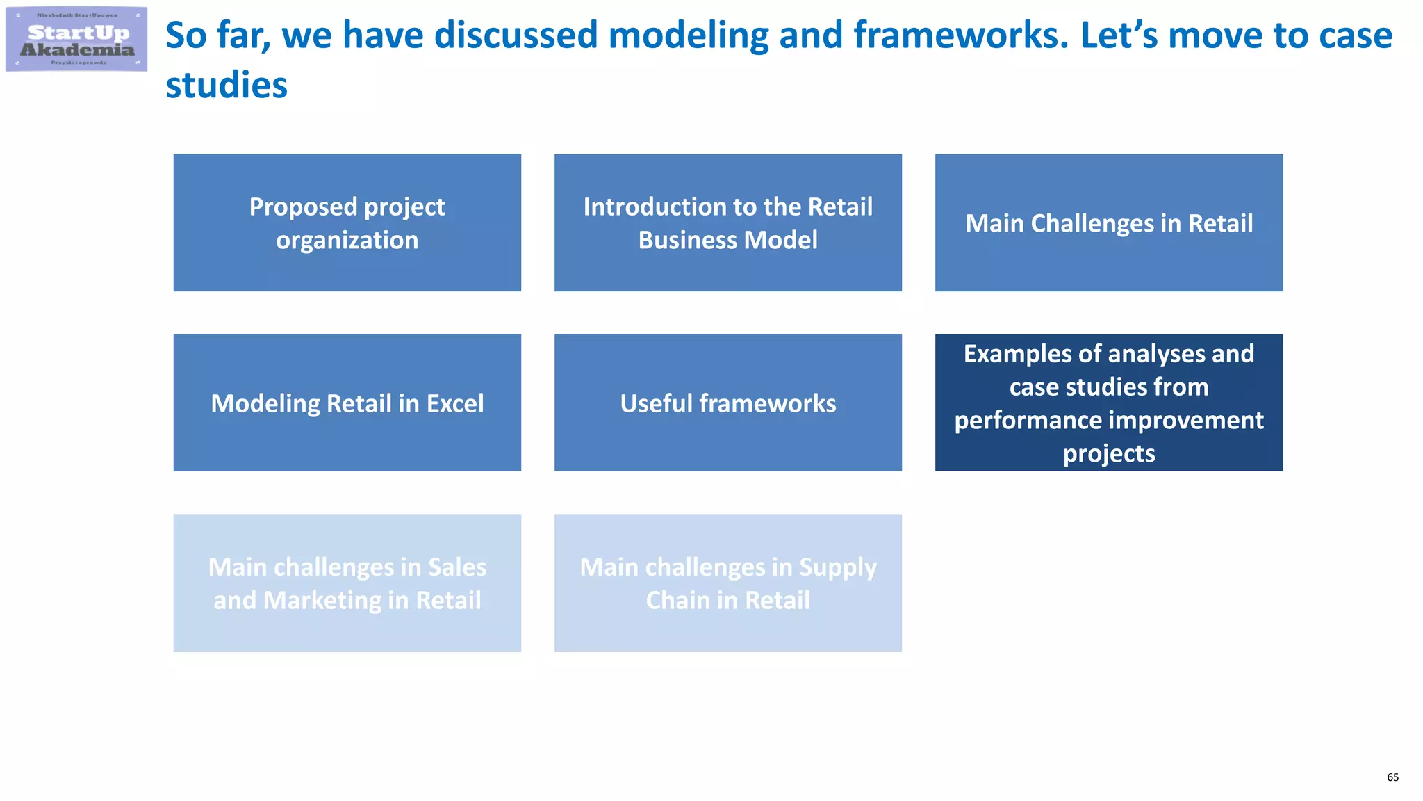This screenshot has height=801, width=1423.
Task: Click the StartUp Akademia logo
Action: point(76,39)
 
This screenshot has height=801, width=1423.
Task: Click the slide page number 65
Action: point(1392,777)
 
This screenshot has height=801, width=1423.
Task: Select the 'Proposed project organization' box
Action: point(347,222)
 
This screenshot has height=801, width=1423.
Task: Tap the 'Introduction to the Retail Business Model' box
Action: point(727,222)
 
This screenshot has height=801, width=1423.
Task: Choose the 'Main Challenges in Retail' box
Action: point(1108,222)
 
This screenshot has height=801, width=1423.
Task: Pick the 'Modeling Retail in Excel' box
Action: point(347,403)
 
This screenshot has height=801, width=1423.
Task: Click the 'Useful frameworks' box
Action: point(727,403)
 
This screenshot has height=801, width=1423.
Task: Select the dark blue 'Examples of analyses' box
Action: point(1108,403)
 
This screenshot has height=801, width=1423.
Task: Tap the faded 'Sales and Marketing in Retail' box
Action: point(347,583)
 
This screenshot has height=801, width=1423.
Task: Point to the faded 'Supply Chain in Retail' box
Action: point(727,583)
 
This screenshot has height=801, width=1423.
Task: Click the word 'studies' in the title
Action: point(227,86)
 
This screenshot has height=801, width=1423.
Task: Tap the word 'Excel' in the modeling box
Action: point(455,403)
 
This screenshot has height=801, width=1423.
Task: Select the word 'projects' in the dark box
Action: point(1109,453)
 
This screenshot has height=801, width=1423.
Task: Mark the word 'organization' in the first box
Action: point(347,240)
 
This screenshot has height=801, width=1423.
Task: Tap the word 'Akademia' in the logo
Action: point(77,49)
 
